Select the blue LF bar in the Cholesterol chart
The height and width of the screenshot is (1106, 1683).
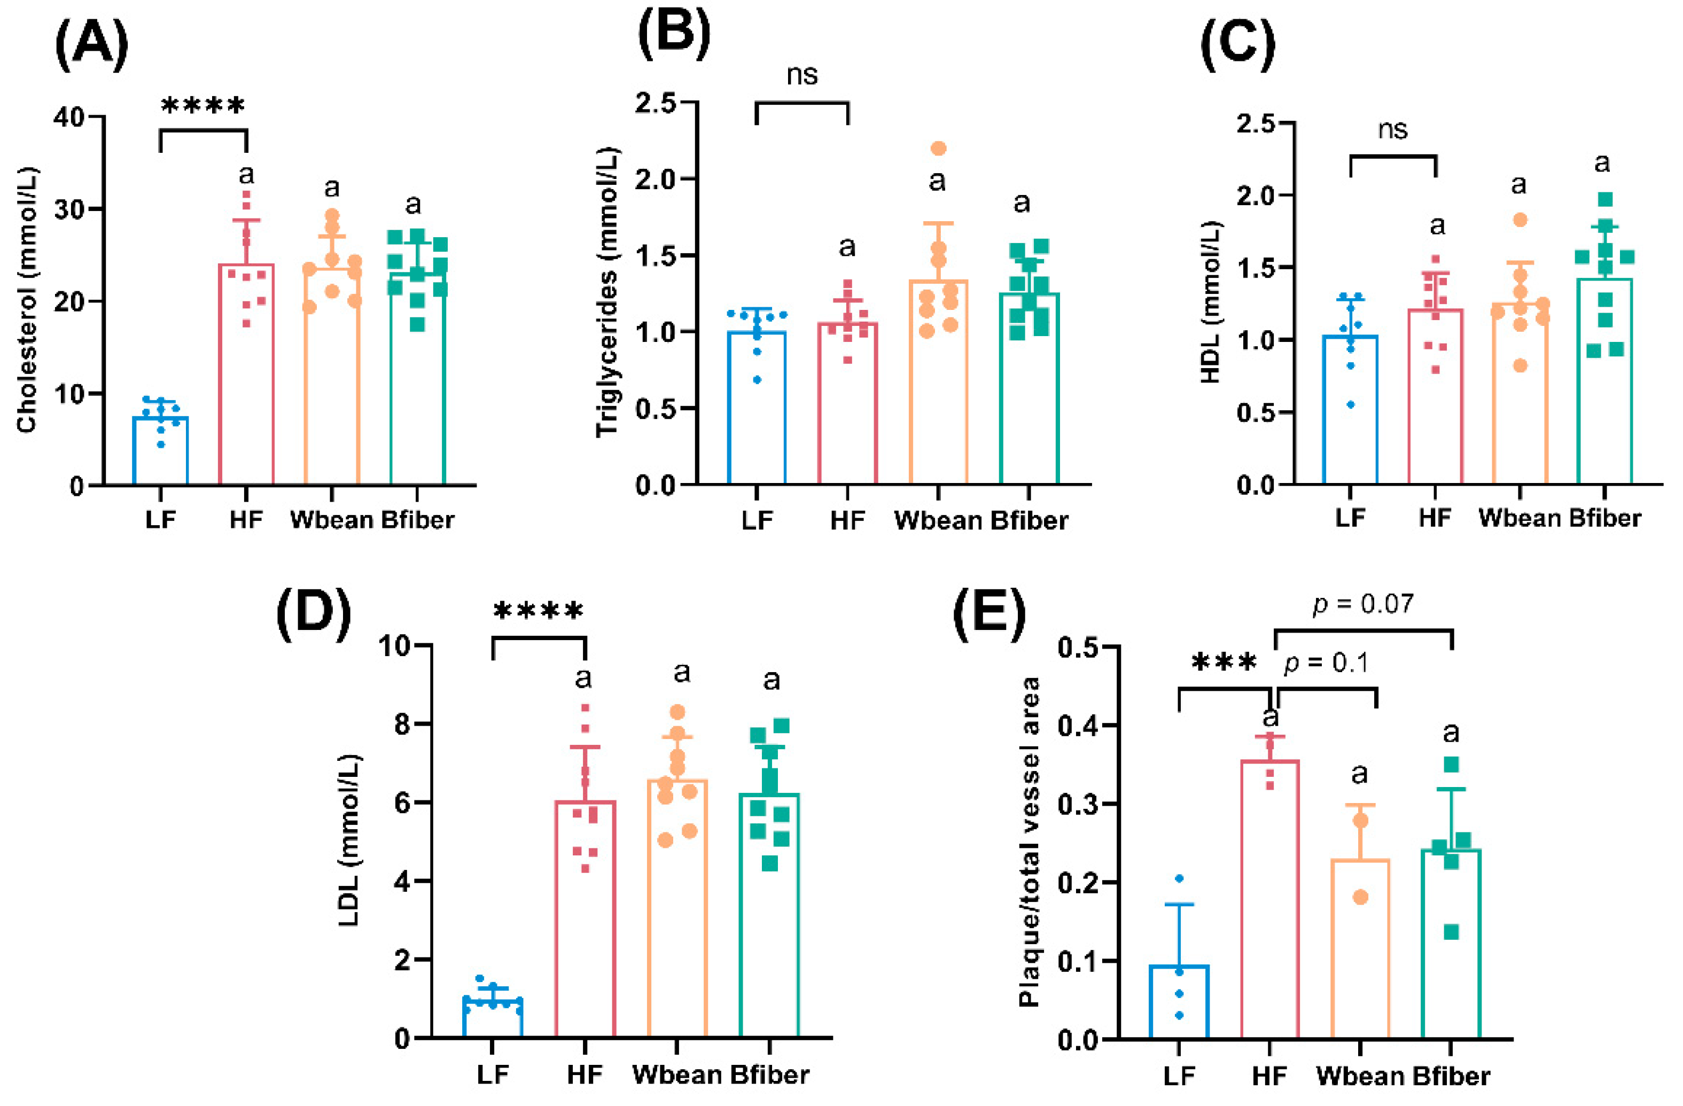click(160, 453)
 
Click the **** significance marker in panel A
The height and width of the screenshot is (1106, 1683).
click(203, 107)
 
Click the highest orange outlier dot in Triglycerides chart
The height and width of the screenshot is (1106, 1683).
click(938, 149)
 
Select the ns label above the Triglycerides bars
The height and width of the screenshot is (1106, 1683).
click(802, 75)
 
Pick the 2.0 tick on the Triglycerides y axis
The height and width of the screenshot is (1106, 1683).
click(655, 179)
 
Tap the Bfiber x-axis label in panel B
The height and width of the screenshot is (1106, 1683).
click(1029, 520)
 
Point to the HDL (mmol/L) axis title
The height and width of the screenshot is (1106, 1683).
click(1211, 302)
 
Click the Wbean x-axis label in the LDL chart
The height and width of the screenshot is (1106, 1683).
click(677, 1075)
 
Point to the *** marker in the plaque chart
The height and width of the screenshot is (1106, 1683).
click(1224, 663)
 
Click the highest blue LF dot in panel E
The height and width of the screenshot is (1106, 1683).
click(1179, 879)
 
